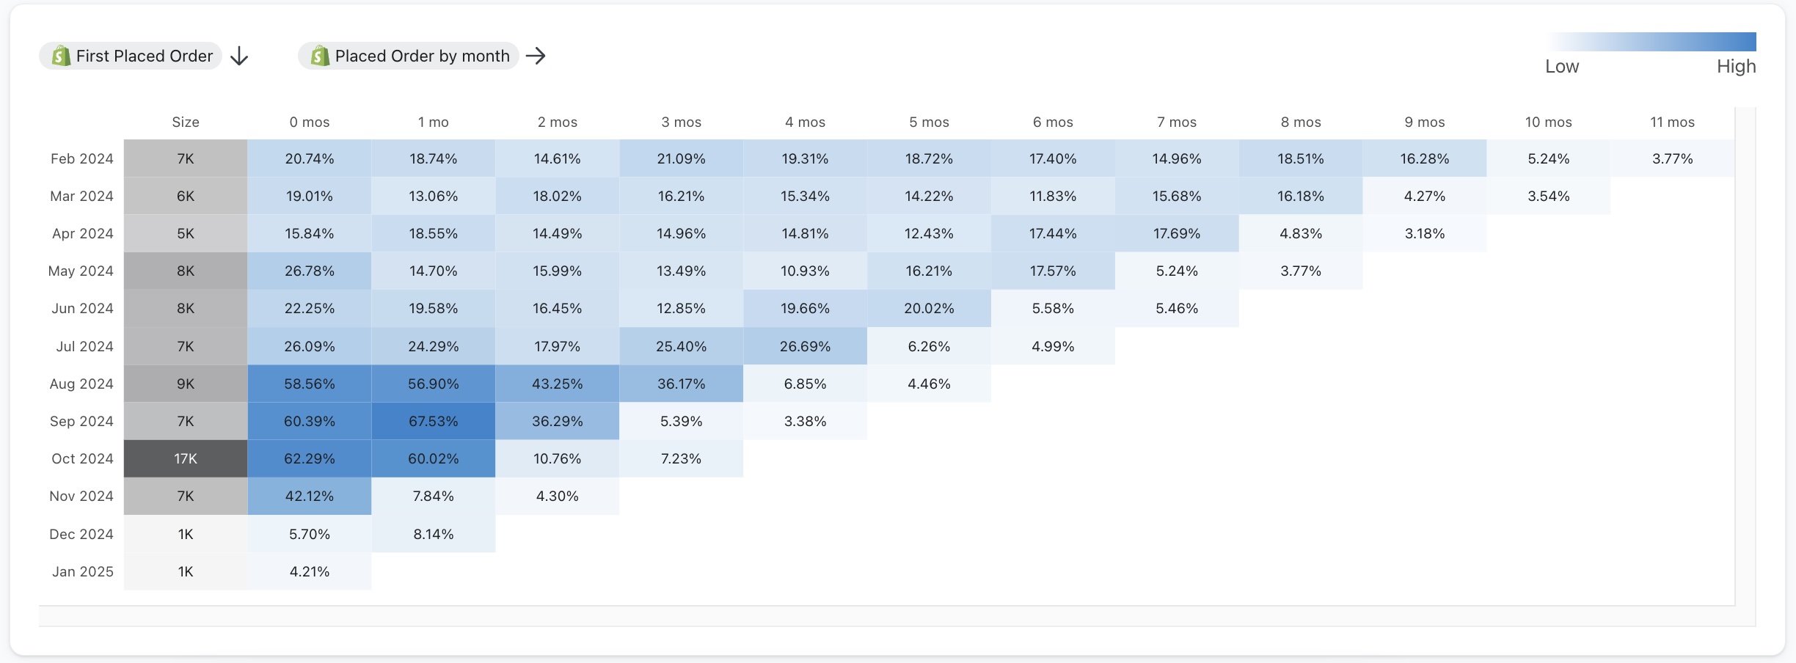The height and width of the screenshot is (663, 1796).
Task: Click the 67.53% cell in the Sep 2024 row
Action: click(433, 421)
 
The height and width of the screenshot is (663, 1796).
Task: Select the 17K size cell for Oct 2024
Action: click(186, 458)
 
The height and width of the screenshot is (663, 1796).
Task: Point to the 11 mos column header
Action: click(1672, 122)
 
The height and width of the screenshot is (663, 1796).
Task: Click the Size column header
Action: click(186, 122)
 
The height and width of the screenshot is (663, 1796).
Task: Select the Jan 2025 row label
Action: click(82, 571)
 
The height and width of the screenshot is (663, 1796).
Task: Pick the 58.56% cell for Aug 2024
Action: click(309, 384)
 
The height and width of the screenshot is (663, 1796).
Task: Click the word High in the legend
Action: click(1736, 66)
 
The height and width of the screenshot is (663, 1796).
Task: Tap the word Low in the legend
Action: click(1561, 66)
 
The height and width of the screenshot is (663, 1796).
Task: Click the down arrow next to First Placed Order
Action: click(239, 56)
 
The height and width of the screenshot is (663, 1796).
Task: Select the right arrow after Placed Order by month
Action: click(536, 56)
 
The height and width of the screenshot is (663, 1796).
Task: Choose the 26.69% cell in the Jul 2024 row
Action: click(805, 346)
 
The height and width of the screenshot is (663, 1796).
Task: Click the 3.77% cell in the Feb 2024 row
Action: click(1672, 158)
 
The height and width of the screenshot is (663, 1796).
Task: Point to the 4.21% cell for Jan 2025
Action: click(309, 571)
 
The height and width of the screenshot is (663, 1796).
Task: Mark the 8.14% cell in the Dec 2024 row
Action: click(433, 534)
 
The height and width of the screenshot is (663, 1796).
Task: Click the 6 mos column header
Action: click(1053, 122)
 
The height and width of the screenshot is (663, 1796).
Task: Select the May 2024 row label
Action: click(81, 271)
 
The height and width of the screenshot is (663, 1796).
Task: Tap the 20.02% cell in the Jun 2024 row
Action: click(929, 308)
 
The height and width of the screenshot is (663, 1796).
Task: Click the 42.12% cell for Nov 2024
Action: click(309, 496)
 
